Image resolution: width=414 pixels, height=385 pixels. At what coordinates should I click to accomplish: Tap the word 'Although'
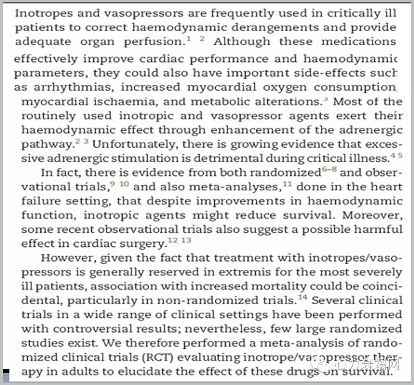tap(241, 42)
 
